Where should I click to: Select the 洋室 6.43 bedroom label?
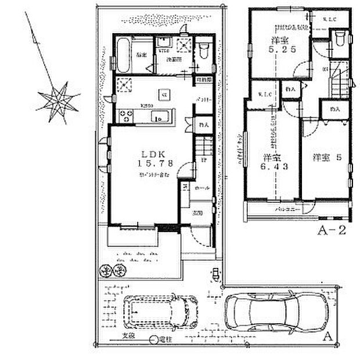270,162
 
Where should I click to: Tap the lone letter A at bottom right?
327,336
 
